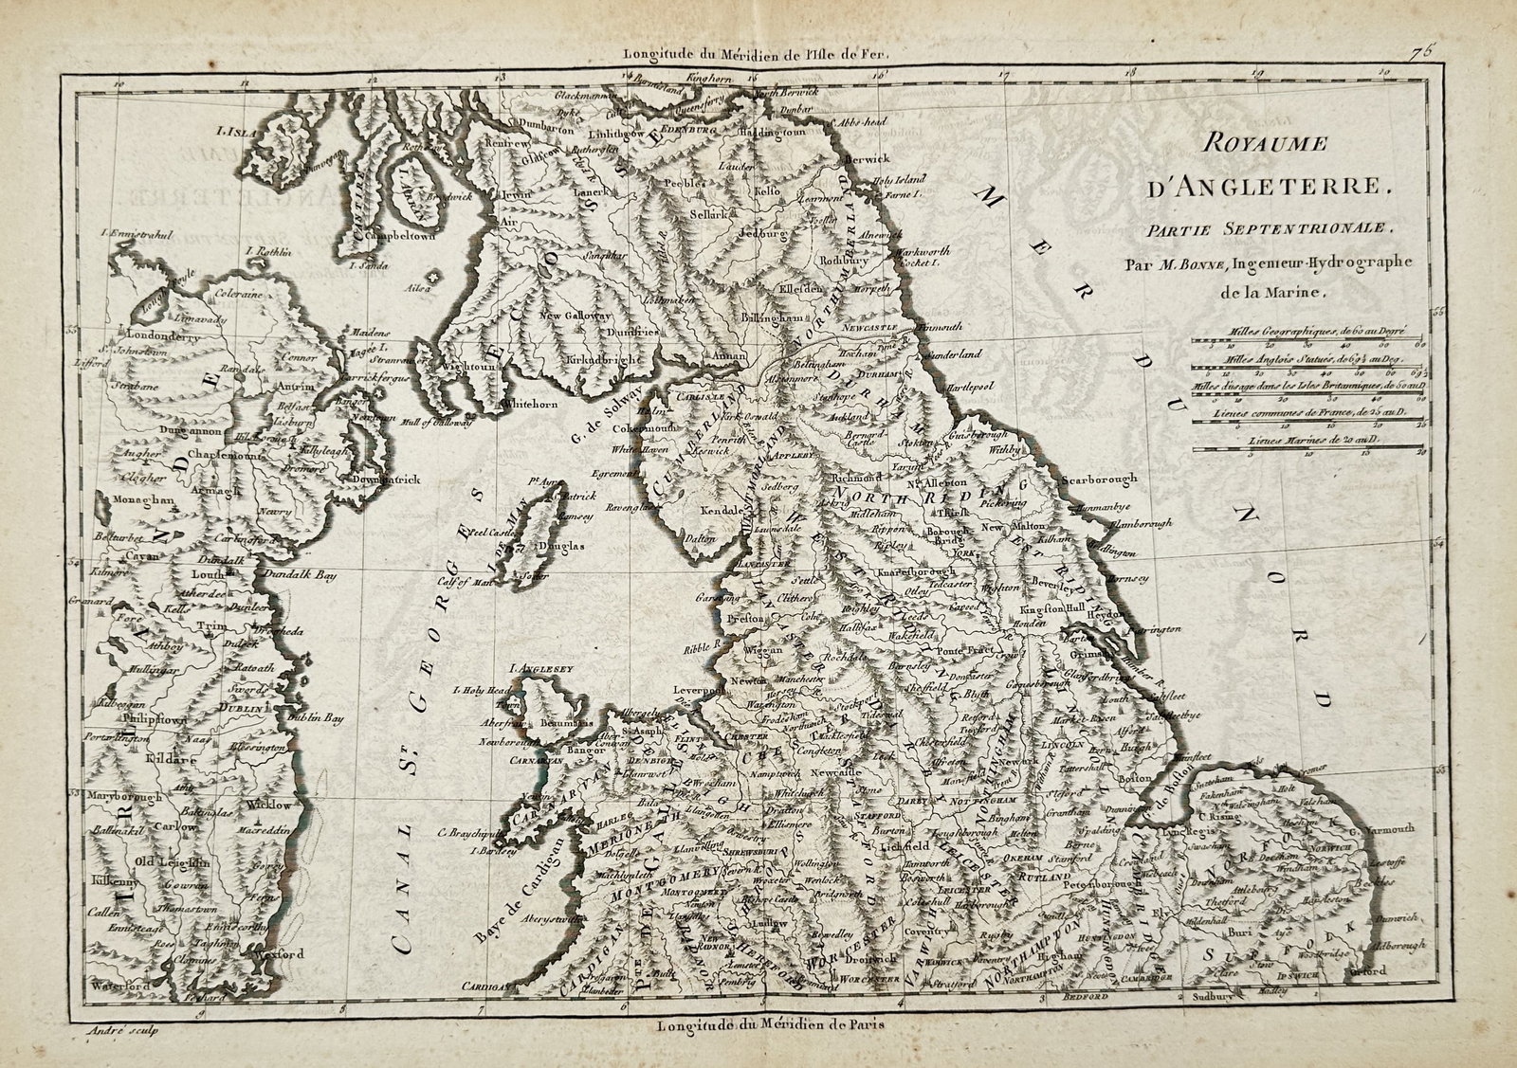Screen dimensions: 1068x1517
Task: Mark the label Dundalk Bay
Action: [x=307, y=574]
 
